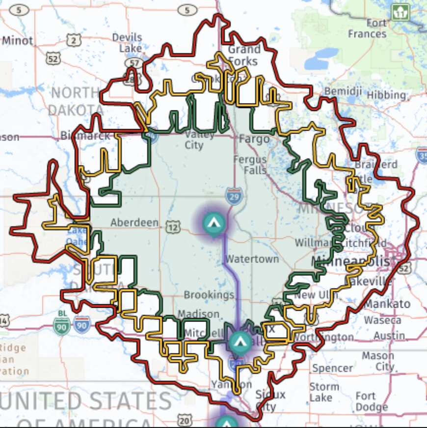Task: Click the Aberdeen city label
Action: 134,222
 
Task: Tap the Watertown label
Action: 252,259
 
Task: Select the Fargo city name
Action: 254,139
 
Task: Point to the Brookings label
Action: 209,295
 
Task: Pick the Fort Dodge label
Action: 372,401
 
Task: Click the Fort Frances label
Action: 368,28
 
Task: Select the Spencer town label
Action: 332,368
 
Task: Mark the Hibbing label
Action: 387,94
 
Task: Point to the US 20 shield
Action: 184,420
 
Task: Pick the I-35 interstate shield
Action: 422,155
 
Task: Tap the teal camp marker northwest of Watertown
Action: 213,222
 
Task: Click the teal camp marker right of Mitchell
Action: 240,341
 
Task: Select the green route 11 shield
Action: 400,12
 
